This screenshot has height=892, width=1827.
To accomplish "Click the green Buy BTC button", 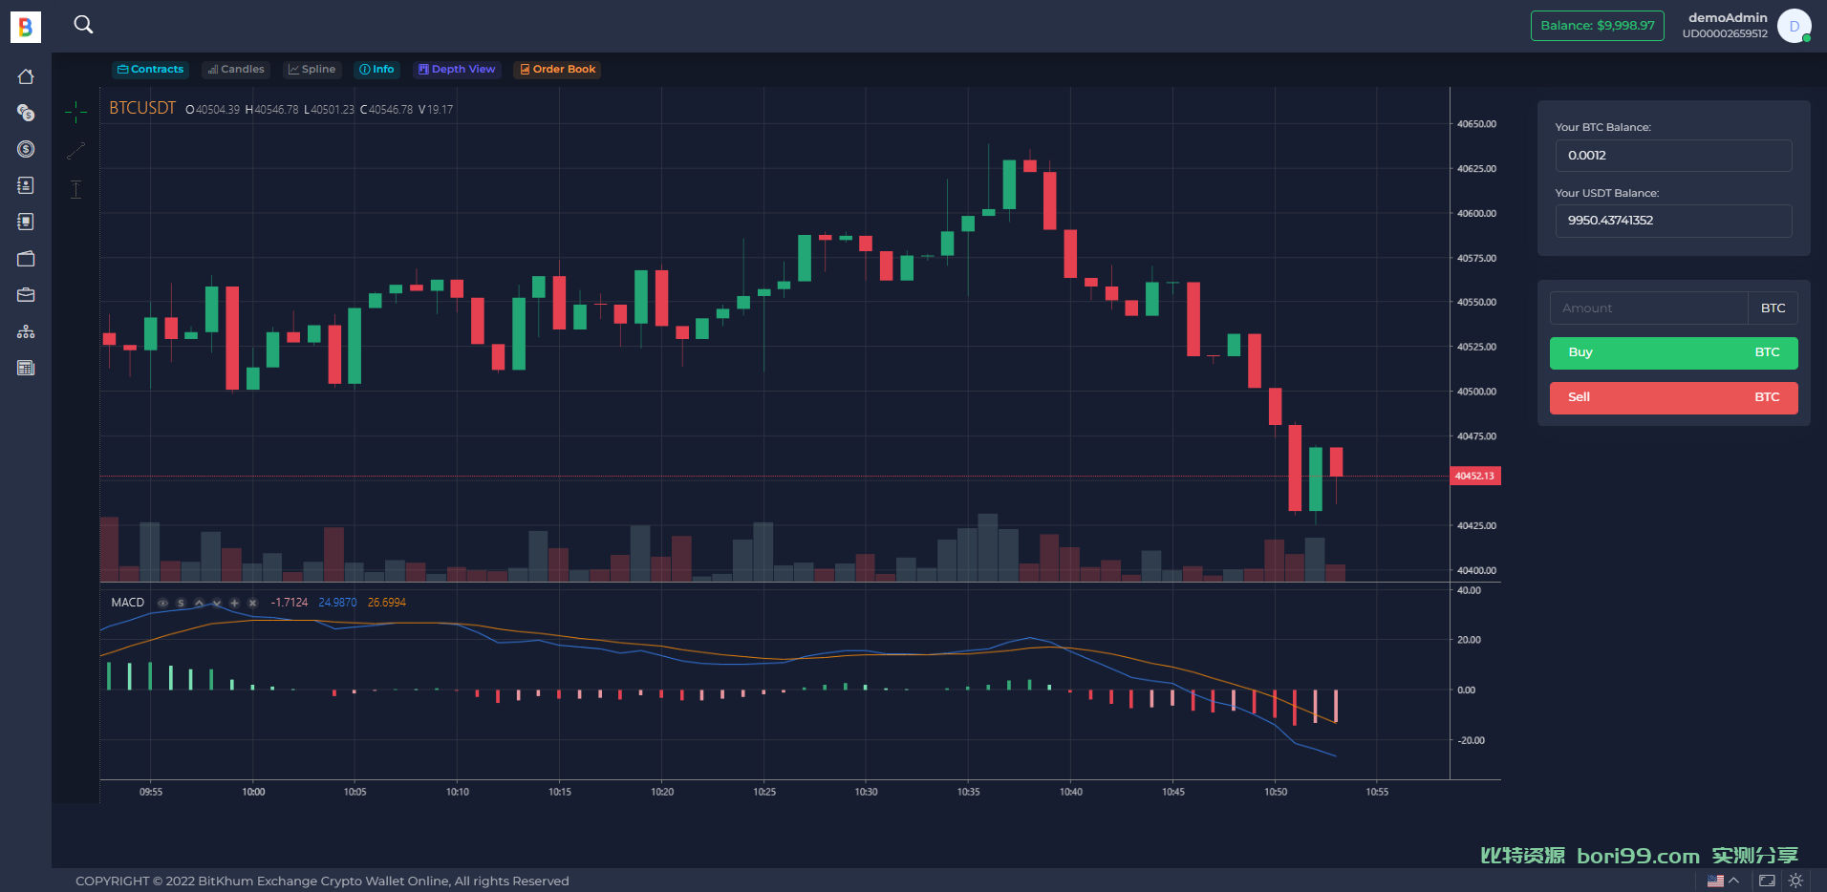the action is tap(1673, 352).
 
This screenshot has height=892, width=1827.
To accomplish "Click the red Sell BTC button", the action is tap(1673, 397).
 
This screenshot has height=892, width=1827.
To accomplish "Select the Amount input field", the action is tap(1648, 308).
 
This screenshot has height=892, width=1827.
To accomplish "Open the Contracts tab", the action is tap(150, 69).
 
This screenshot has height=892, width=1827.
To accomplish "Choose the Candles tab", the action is tap(236, 69).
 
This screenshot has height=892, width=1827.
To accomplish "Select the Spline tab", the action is tap(312, 69).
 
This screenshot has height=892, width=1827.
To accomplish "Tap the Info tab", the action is tap(376, 69).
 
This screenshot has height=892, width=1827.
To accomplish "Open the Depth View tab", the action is tap(457, 69).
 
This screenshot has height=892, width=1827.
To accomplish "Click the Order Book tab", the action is tap(557, 69).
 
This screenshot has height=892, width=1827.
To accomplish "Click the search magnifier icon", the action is tap(84, 25).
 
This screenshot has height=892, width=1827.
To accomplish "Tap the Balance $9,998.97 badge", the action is tap(1598, 26).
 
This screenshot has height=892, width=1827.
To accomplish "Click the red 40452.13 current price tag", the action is tap(1475, 476).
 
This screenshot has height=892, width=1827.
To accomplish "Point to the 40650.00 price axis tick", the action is tap(1476, 124).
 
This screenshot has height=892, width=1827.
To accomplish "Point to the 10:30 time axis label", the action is tap(866, 792).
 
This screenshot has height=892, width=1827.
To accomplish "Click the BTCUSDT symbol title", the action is tap(142, 108).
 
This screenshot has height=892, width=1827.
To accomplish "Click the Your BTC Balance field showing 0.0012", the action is tap(1673, 156).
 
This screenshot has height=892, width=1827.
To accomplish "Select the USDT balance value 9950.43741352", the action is tap(1610, 221).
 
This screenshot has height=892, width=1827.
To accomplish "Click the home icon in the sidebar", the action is tap(26, 76).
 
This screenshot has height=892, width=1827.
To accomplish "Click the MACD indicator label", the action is tap(127, 603).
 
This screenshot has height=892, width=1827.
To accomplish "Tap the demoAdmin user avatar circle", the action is tap(1794, 26).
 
